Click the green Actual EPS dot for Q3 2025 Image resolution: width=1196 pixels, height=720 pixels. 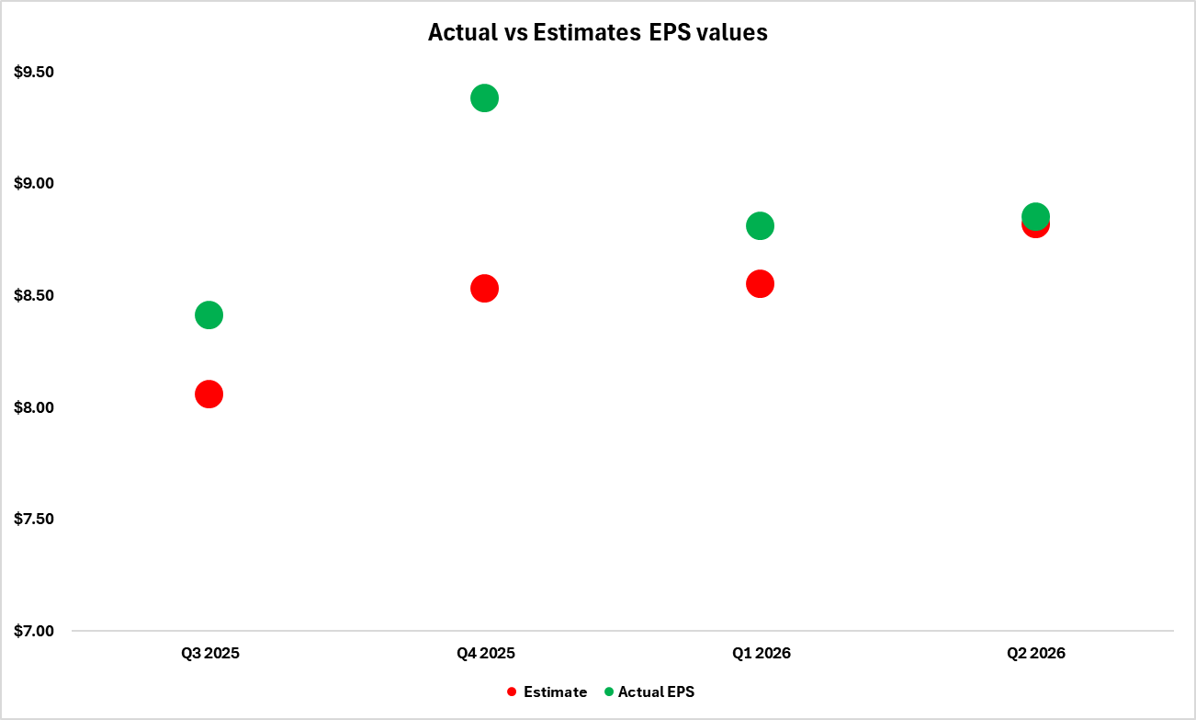coord(209,315)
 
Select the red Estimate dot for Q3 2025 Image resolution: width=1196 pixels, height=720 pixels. coord(209,394)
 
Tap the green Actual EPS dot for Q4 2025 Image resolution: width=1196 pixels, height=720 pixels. coord(484,98)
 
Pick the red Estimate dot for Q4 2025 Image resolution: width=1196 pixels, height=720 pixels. coord(484,288)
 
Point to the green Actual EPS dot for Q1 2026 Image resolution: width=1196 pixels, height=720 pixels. coord(760,225)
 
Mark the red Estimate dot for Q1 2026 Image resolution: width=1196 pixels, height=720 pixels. coord(760,283)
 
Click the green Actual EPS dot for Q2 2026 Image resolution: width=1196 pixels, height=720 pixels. coord(1035,216)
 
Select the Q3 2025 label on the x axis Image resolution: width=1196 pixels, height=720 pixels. coord(209,654)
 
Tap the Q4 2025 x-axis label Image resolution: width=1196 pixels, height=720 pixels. coord(485,654)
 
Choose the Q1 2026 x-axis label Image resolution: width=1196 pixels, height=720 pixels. coord(761,654)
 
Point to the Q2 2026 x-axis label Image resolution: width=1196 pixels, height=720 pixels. coord(1035,654)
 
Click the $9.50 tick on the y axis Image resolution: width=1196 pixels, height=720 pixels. coord(35,72)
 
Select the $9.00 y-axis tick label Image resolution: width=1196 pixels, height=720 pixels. coord(35,184)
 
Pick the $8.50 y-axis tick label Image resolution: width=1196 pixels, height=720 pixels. coord(35,295)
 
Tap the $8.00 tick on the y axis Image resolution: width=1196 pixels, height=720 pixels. coord(35,407)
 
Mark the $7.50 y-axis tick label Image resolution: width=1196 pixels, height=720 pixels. coord(35,519)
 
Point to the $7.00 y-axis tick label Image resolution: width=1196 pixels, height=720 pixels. coord(35,631)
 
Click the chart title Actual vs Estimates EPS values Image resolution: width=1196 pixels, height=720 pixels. coord(597,32)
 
